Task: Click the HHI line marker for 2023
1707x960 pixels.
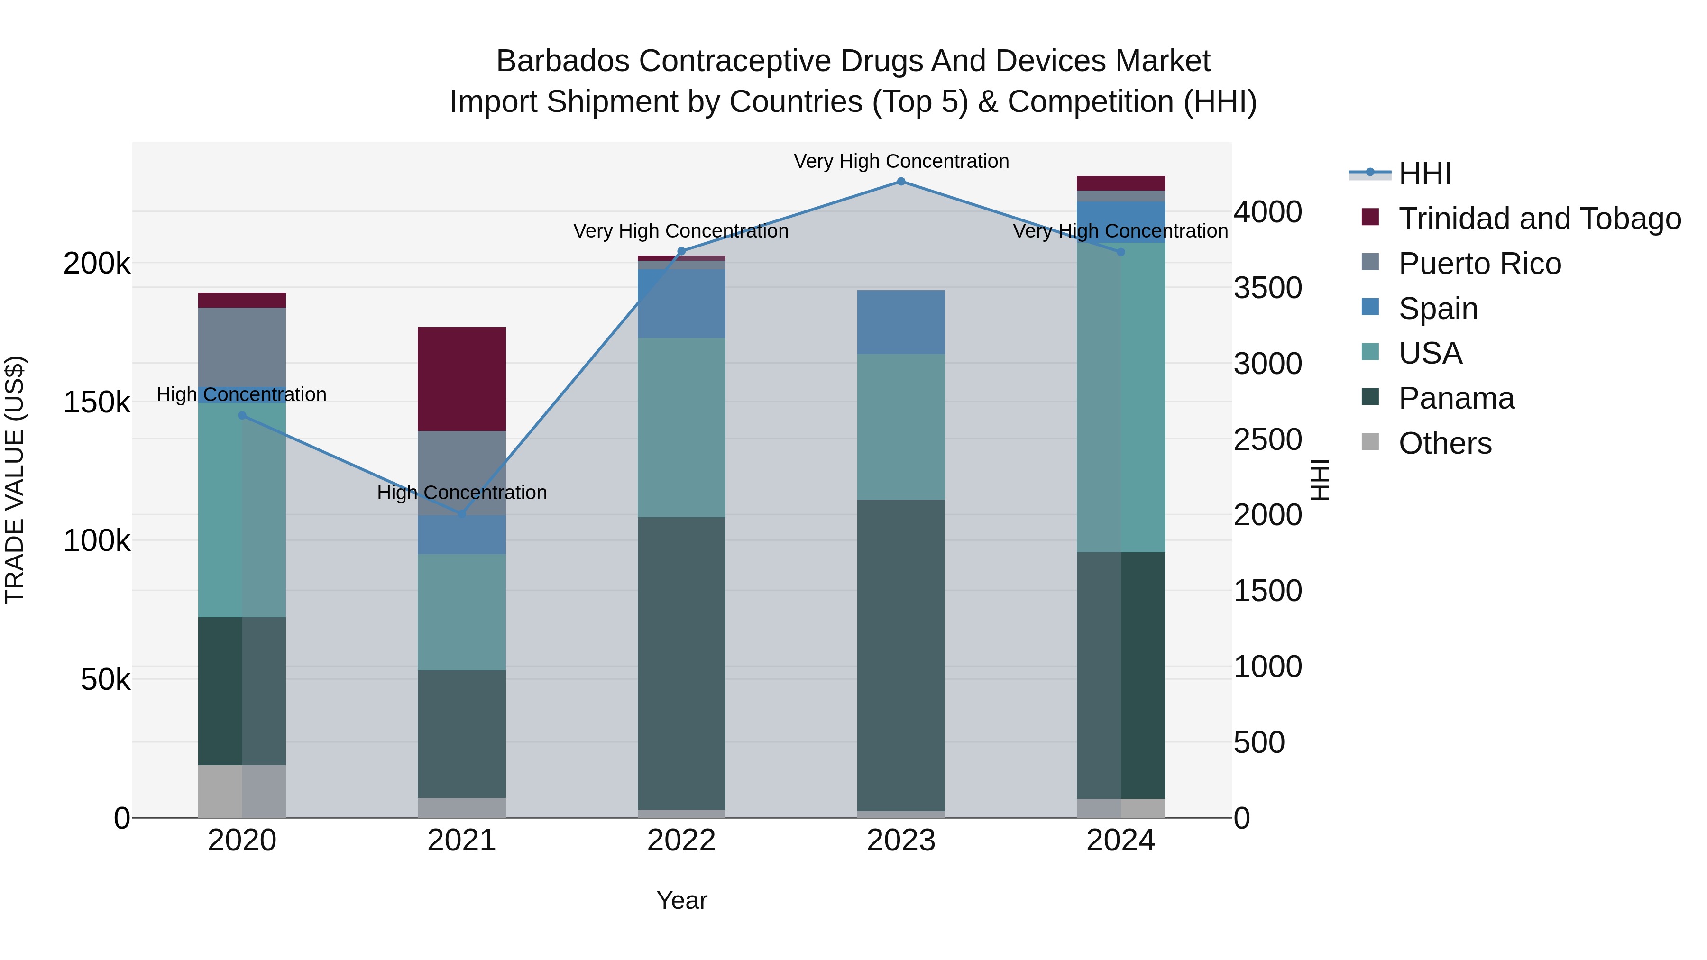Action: pyautogui.click(x=900, y=181)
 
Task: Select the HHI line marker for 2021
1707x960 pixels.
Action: pyautogui.click(x=462, y=513)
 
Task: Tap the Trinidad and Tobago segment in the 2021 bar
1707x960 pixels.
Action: pyautogui.click(x=462, y=378)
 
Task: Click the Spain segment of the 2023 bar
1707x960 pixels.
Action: pyautogui.click(x=900, y=321)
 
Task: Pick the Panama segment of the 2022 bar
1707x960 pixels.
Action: pyautogui.click(x=681, y=663)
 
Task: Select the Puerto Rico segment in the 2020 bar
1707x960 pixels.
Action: pyautogui.click(x=242, y=347)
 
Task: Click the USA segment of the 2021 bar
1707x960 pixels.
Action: pyautogui.click(x=462, y=612)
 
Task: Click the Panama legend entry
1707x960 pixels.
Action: pyautogui.click(x=1456, y=398)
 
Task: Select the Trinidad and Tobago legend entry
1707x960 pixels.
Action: pyautogui.click(x=1539, y=218)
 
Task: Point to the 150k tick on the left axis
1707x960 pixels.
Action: pyautogui.click(x=97, y=402)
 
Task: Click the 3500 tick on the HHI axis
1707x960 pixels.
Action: pyautogui.click(x=1267, y=288)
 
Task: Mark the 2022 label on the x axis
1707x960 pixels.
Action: pyautogui.click(x=681, y=841)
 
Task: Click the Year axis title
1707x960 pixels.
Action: pyautogui.click(x=681, y=900)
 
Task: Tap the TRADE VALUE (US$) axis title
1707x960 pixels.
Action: pyautogui.click(x=15, y=480)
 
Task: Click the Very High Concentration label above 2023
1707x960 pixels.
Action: pyautogui.click(x=900, y=161)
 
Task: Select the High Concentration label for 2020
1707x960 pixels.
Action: pyautogui.click(x=241, y=394)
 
